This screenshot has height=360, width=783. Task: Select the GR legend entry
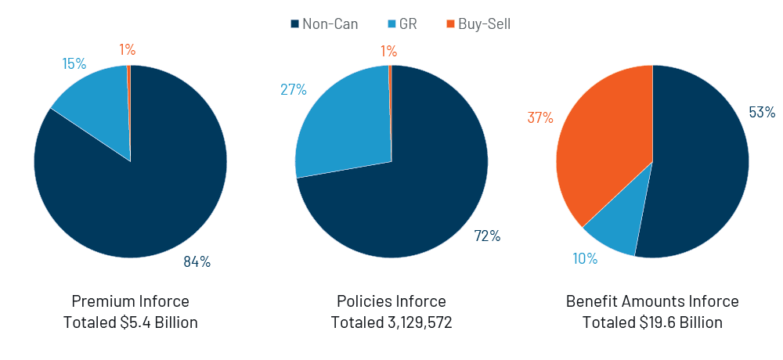pos(400,24)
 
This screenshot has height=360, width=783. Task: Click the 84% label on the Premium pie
pos(197,262)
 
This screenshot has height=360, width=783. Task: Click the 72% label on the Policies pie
pos(486,236)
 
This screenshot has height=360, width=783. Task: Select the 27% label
pos(293,89)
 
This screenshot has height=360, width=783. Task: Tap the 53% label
pos(762,113)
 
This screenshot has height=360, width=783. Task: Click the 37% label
pos(540,118)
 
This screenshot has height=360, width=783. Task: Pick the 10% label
pos(585,258)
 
